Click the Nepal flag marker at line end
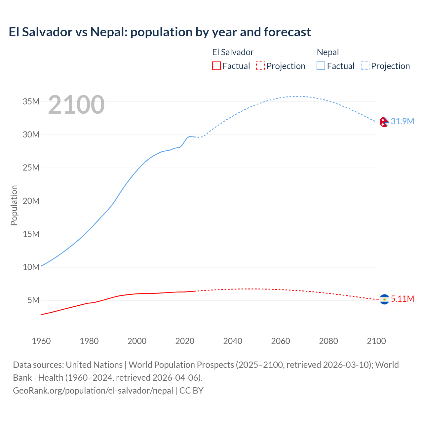[384, 122]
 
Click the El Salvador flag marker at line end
[384, 299]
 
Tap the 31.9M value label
[402, 121]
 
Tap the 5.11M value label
[402, 299]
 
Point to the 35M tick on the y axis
[31, 101]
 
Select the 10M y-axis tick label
[31, 267]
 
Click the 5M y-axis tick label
[33, 300]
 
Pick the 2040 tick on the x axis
[233, 341]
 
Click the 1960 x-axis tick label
[41, 341]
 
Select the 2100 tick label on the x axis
[376, 341]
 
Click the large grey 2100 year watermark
[76, 105]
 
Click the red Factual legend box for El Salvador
[216, 66]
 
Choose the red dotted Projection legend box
[260, 66]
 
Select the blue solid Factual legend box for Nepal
[321, 66]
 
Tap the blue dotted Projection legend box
[365, 66]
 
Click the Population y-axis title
[14, 205]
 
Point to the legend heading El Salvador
[233, 52]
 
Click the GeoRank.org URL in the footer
[93, 391]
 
